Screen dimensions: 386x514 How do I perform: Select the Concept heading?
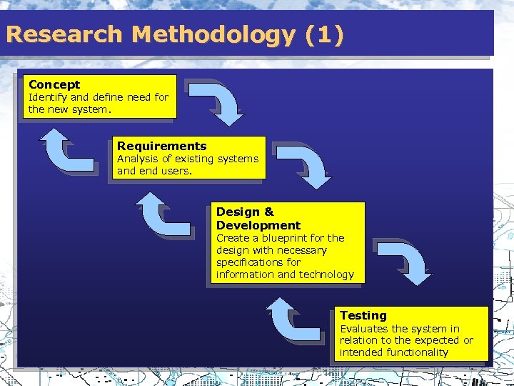pos(54,84)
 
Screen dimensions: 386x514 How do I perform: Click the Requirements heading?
pos(162,146)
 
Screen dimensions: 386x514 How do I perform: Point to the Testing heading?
pos(363,315)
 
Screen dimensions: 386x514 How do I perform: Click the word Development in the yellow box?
pos(258,225)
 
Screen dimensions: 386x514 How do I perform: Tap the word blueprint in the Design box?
pos(283,238)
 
